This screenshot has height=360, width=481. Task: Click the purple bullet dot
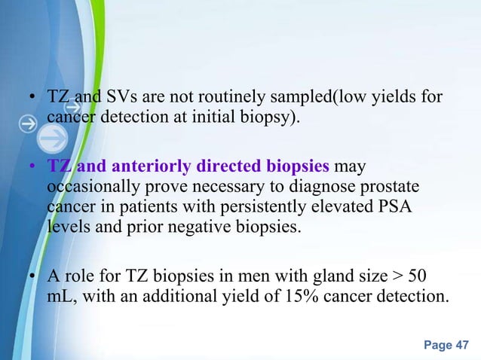tap(33, 166)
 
